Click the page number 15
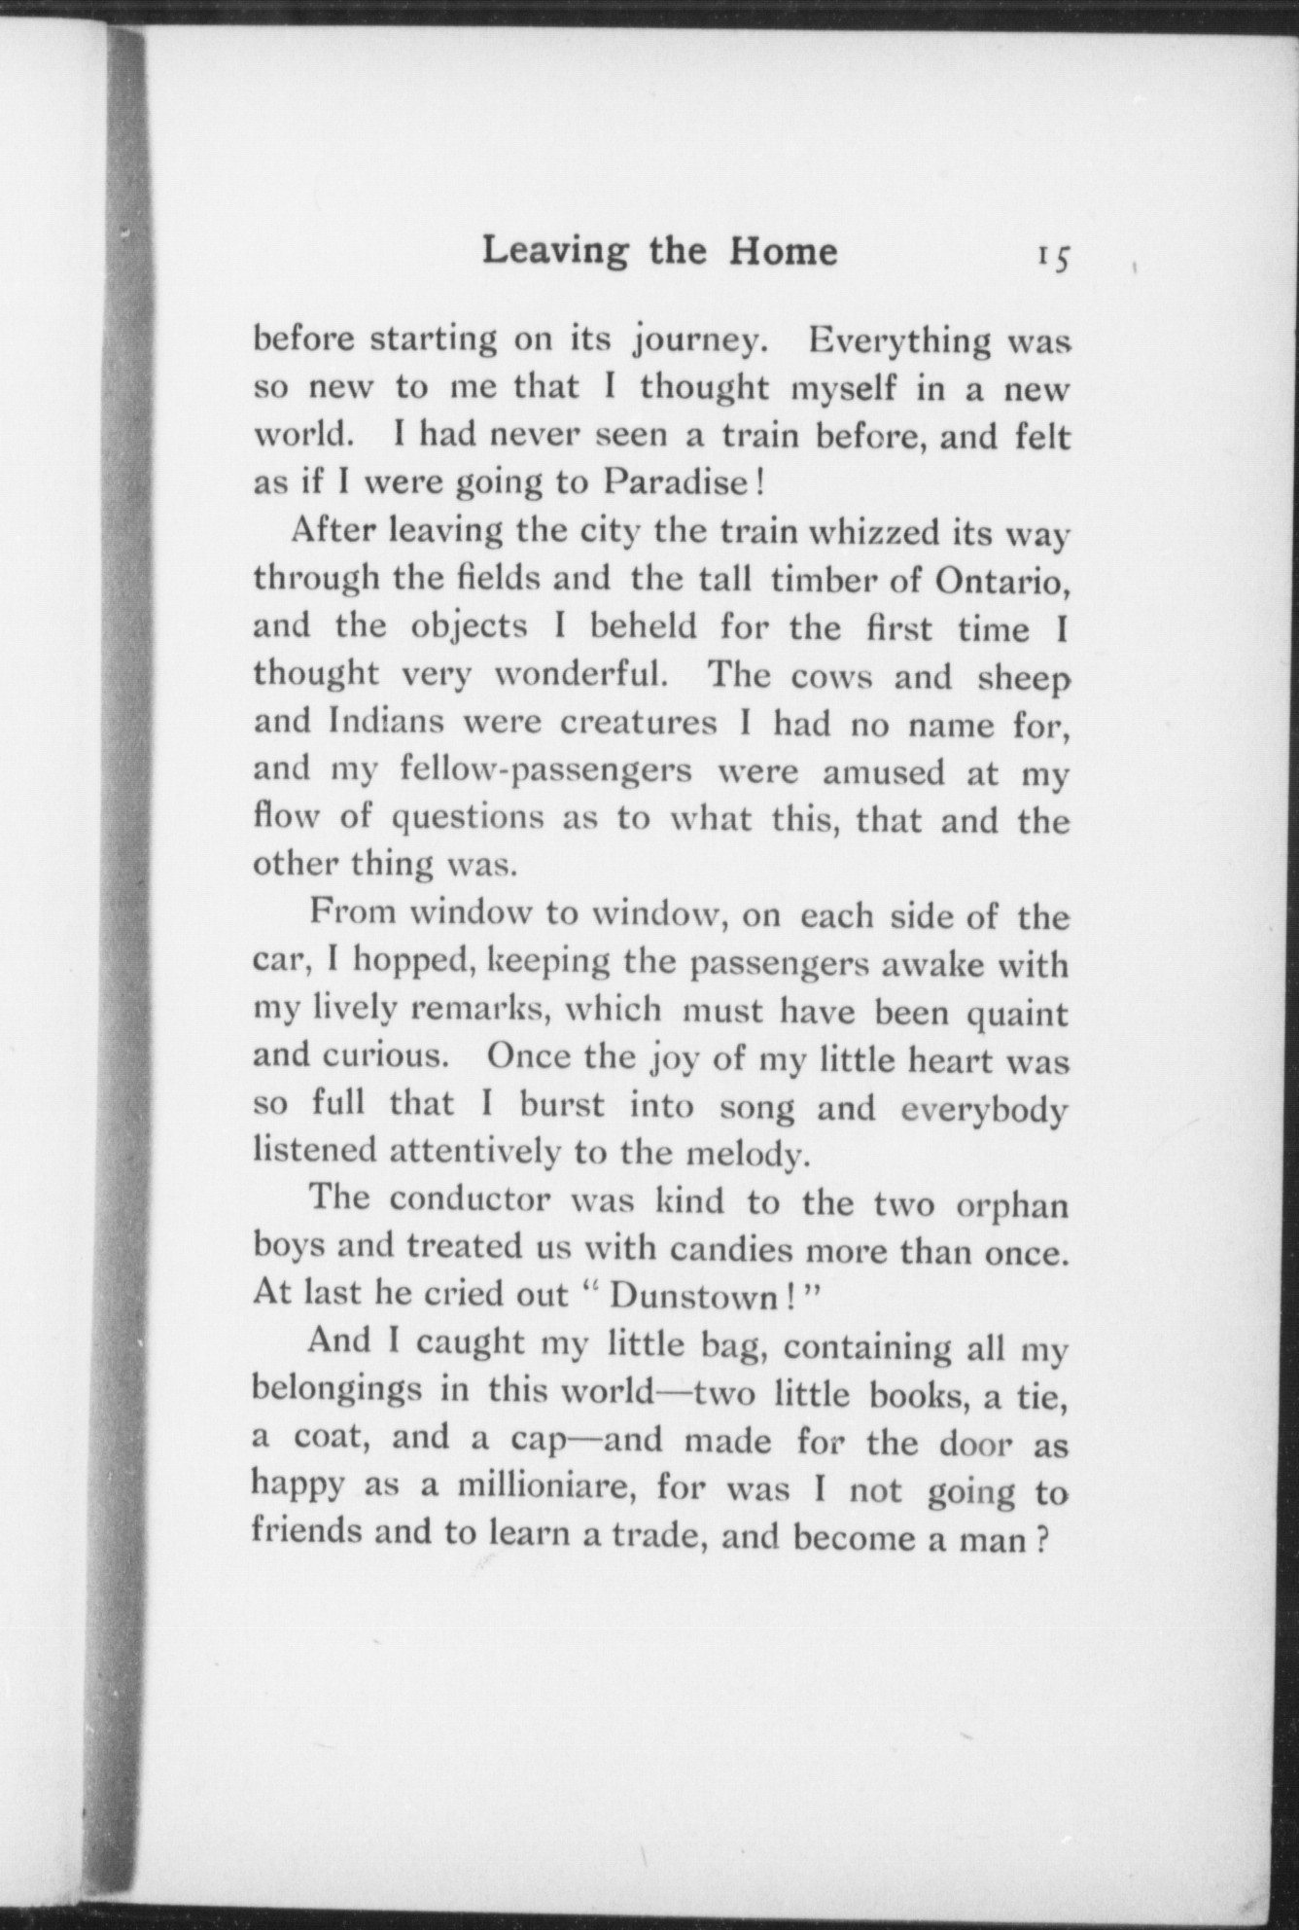(1052, 256)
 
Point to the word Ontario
(1001, 579)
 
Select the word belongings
(337, 1392)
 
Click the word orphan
(1011, 1203)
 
